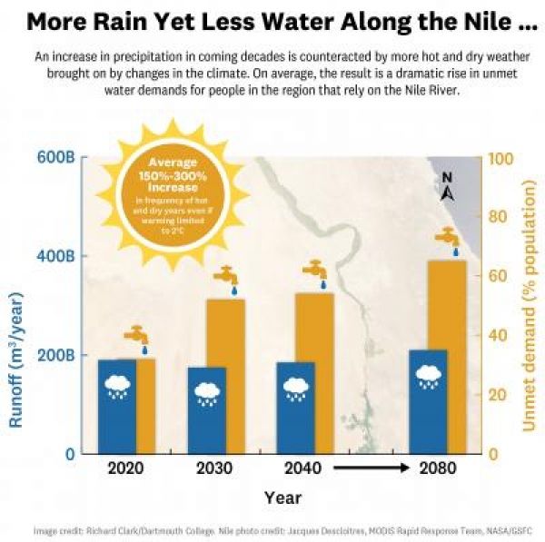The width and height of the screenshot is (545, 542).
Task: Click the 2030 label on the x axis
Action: pyautogui.click(x=213, y=469)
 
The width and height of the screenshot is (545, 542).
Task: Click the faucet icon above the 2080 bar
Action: pyautogui.click(x=447, y=238)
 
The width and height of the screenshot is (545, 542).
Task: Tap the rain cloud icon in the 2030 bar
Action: pyautogui.click(x=207, y=393)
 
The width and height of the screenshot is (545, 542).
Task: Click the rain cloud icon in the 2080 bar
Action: pyautogui.click(x=429, y=375)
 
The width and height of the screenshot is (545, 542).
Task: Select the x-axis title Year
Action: pyautogui.click(x=282, y=498)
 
